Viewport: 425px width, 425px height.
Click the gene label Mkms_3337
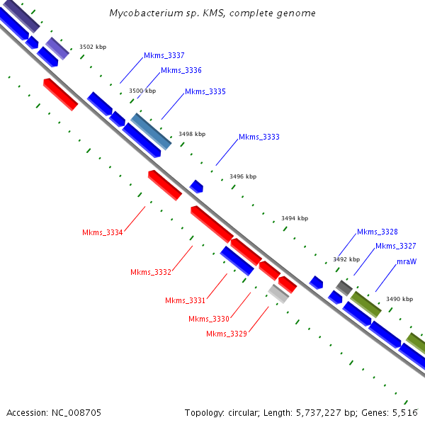click(x=164, y=55)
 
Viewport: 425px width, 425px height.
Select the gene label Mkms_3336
click(x=181, y=70)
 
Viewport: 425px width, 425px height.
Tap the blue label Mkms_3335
click(x=205, y=91)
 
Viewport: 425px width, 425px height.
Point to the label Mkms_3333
click(x=259, y=137)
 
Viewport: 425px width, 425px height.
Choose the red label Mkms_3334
click(x=103, y=232)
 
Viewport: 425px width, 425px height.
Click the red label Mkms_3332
click(x=151, y=272)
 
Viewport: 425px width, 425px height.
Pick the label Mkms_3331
click(x=185, y=300)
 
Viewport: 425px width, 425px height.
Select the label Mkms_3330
click(x=209, y=319)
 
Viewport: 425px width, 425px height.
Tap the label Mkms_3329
click(x=227, y=334)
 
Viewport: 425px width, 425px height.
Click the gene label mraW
click(x=406, y=261)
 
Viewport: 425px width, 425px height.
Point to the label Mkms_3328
click(x=377, y=232)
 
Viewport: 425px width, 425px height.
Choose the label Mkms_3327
click(x=395, y=246)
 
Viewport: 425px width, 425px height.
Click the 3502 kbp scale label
click(x=92, y=47)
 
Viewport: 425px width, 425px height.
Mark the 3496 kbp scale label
click(x=243, y=176)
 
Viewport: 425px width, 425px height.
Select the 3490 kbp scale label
click(x=399, y=299)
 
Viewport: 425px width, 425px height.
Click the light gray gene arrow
click(x=278, y=293)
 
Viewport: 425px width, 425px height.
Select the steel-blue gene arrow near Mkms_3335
click(x=151, y=131)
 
